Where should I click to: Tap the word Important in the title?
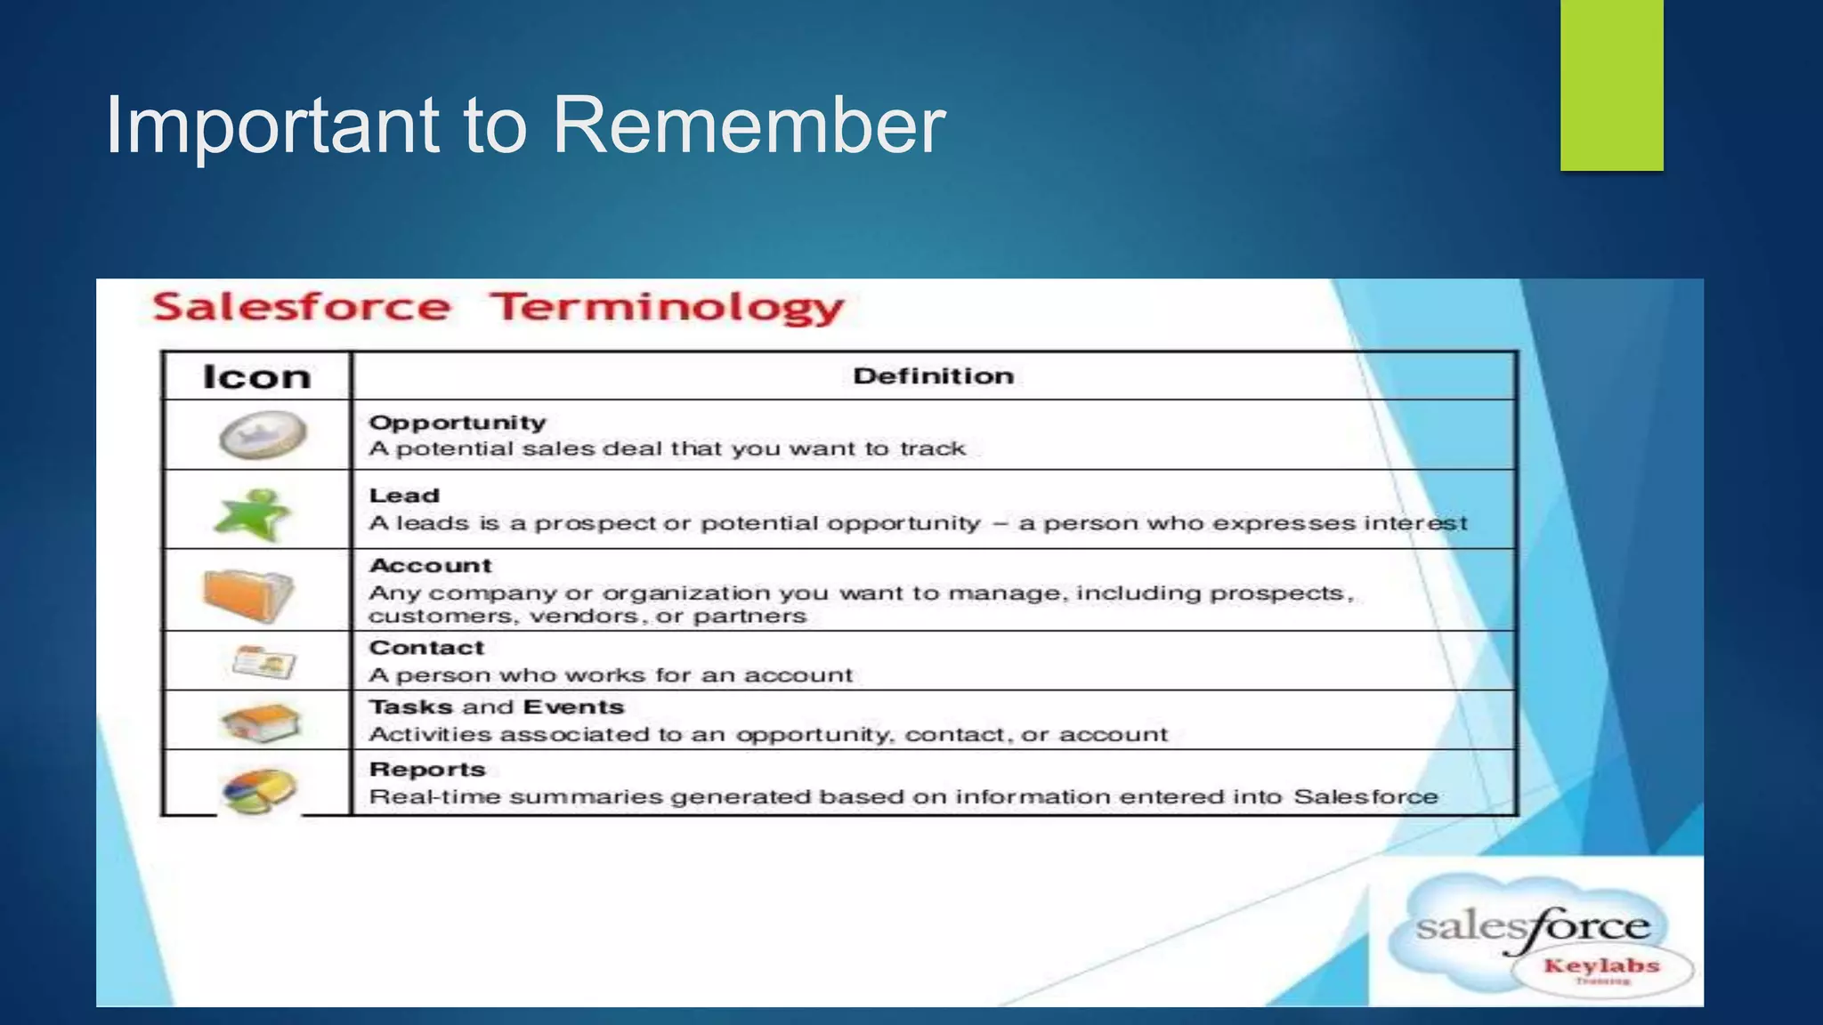[x=272, y=126]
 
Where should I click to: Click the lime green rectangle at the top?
[x=1611, y=85]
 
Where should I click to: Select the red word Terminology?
[x=667, y=308]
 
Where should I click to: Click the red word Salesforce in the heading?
[x=302, y=308]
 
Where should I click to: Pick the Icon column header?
[x=256, y=377]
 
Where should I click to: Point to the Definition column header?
[x=933, y=376]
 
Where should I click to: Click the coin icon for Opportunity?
[x=263, y=435]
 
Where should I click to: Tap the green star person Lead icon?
[x=254, y=513]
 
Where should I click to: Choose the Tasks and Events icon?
[x=261, y=722]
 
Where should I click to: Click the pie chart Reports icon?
[x=259, y=790]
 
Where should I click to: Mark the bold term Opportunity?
[x=458, y=423]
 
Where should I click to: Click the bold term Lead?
[x=404, y=496]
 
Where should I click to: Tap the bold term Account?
[x=430, y=566]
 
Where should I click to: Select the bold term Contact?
[x=426, y=648]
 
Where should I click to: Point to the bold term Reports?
[x=427, y=770]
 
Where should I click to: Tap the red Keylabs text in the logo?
[x=1601, y=966]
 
